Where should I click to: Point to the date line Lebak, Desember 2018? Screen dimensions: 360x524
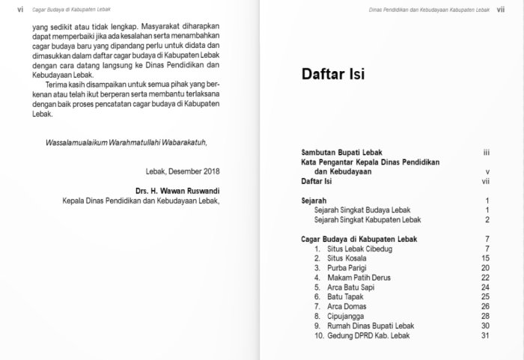pyautogui.click(x=189, y=171)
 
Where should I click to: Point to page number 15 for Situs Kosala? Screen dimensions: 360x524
pyautogui.click(x=484, y=258)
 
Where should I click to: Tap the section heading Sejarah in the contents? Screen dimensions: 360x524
pyautogui.click(x=314, y=201)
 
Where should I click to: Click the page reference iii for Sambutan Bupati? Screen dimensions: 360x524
pyautogui.click(x=486, y=152)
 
